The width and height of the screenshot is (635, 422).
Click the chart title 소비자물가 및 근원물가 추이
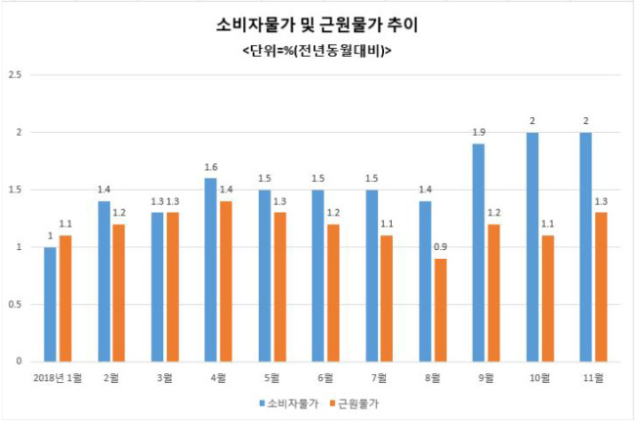tap(317, 25)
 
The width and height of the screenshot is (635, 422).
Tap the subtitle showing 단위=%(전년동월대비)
tap(317, 51)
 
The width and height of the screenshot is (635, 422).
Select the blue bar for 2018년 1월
tap(50, 304)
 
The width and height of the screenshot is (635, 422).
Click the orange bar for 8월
tap(441, 311)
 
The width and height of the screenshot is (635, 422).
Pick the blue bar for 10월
tap(532, 247)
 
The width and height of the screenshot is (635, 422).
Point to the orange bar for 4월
tap(226, 281)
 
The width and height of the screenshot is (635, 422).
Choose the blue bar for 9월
tap(479, 253)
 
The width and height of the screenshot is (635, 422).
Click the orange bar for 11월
tap(602, 287)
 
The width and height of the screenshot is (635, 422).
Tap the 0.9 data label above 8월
tap(441, 246)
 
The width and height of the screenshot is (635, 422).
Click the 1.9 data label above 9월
tap(479, 132)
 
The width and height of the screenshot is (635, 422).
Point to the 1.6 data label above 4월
tap(211, 167)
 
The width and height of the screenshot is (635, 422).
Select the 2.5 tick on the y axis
tap(15, 75)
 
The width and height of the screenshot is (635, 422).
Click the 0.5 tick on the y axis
tap(15, 304)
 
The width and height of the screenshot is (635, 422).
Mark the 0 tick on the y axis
tap(19, 361)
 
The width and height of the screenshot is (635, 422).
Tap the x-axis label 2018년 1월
tap(58, 378)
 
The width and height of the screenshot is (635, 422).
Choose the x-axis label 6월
tap(325, 378)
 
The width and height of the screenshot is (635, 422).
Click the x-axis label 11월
tap(593, 378)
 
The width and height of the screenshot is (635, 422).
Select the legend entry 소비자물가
tap(289, 403)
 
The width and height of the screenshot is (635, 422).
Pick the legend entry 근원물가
tap(355, 403)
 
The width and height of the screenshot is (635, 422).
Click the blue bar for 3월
tap(157, 287)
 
